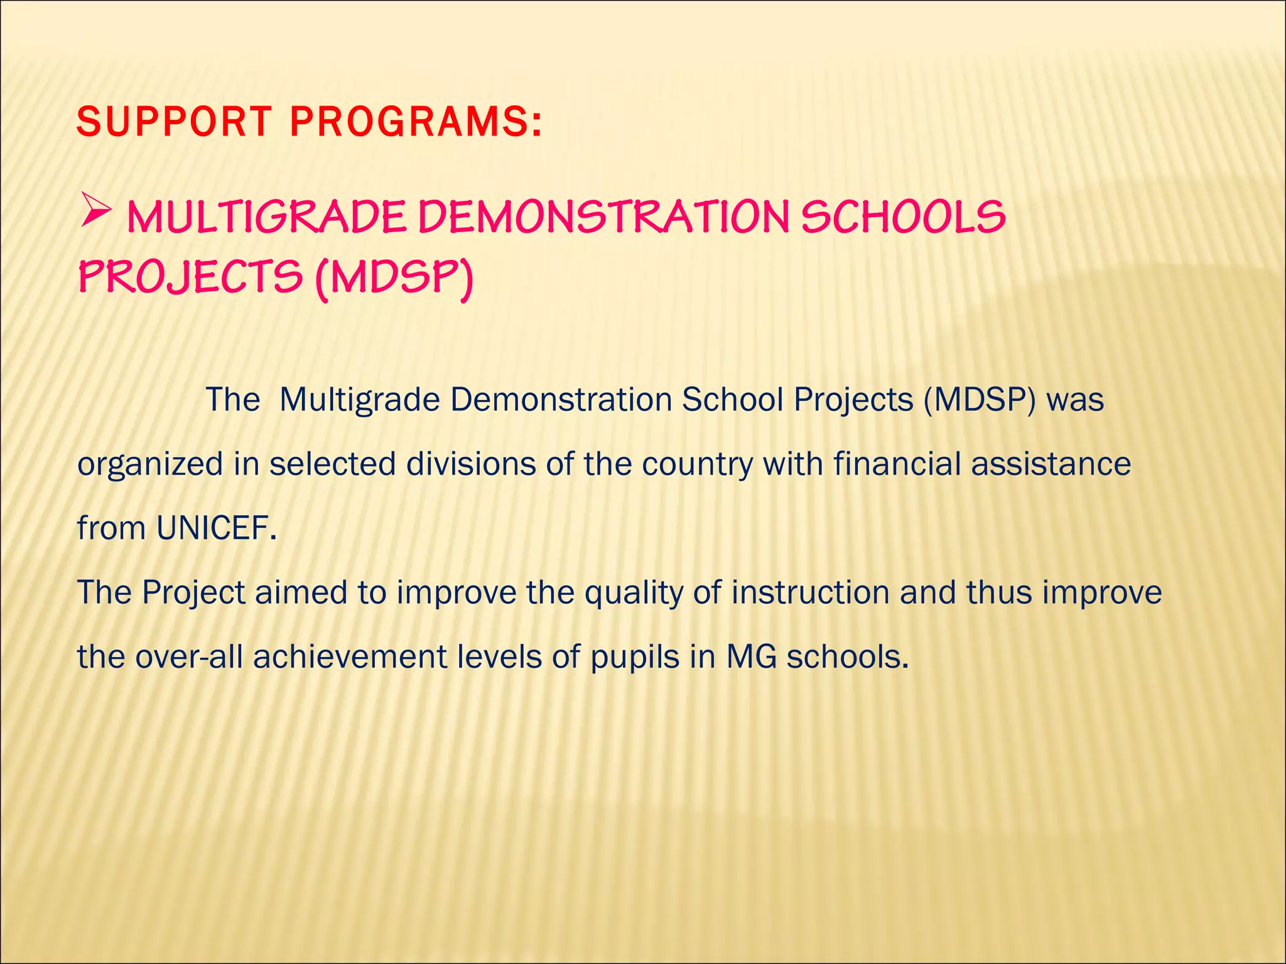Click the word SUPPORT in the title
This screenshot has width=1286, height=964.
pyautogui.click(x=173, y=122)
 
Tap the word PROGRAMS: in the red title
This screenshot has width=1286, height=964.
pyautogui.click(x=415, y=122)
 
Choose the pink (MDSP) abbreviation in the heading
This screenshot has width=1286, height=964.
pyautogui.click(x=394, y=278)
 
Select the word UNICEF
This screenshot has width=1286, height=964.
pyautogui.click(x=216, y=528)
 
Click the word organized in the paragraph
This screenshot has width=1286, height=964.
pyautogui.click(x=150, y=465)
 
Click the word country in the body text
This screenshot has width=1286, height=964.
pyautogui.click(x=697, y=465)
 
